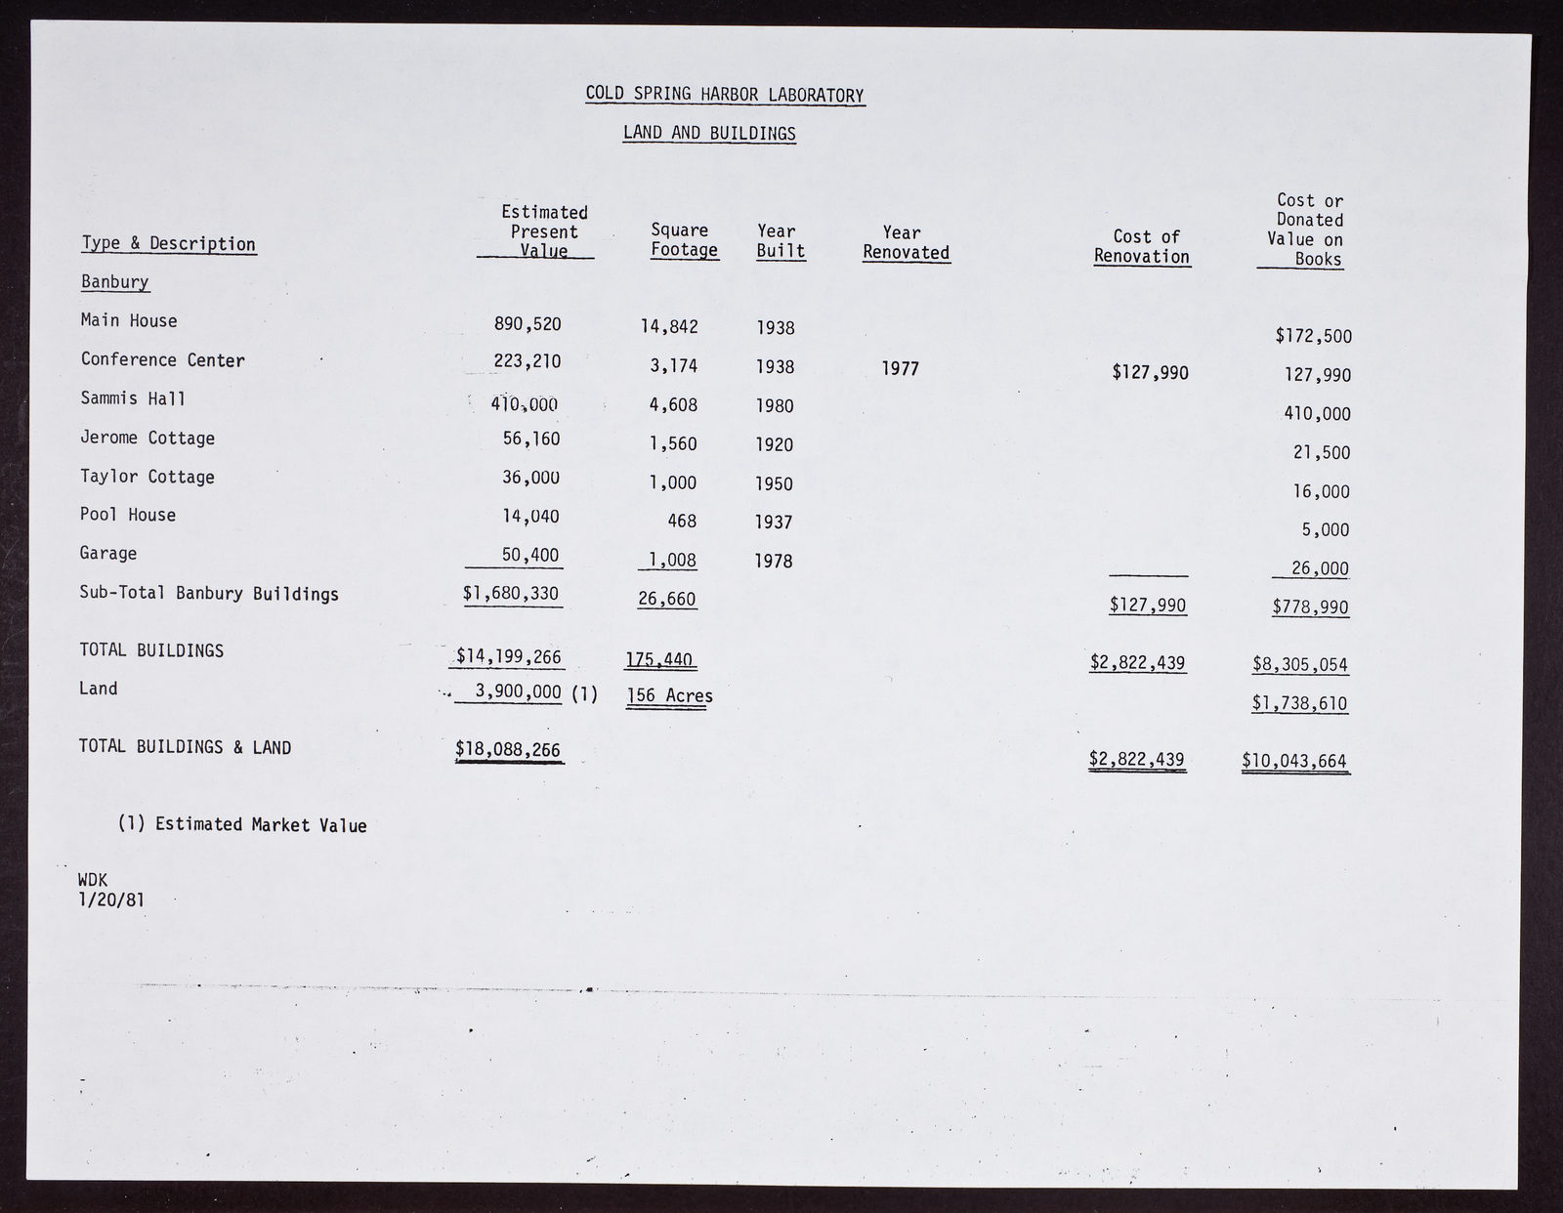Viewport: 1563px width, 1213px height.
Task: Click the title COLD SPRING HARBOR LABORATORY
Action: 724,95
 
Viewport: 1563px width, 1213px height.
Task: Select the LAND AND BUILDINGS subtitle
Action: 709,133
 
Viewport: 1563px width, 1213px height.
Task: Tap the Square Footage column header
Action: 684,240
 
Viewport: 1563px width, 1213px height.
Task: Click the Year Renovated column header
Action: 906,242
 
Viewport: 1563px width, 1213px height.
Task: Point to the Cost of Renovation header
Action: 1143,246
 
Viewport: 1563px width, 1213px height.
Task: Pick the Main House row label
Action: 129,320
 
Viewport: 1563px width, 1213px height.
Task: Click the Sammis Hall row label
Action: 133,398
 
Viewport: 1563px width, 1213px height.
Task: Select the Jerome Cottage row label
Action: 148,438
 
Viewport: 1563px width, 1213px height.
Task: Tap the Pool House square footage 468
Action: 682,522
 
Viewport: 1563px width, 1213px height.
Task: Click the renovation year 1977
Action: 900,369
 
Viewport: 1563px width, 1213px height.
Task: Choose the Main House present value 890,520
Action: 528,323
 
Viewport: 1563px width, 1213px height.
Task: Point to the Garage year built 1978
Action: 774,562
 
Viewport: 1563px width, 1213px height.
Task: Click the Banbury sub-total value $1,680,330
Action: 511,593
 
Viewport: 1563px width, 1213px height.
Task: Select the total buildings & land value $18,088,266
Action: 508,749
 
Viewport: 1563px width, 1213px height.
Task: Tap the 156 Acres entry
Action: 669,695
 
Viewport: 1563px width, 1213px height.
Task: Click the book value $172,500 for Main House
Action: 1313,337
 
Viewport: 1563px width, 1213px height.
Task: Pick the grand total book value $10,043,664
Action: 1294,761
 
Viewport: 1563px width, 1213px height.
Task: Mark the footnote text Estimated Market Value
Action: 260,825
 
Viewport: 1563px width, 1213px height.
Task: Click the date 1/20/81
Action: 111,899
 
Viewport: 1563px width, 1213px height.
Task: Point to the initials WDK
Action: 93,880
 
